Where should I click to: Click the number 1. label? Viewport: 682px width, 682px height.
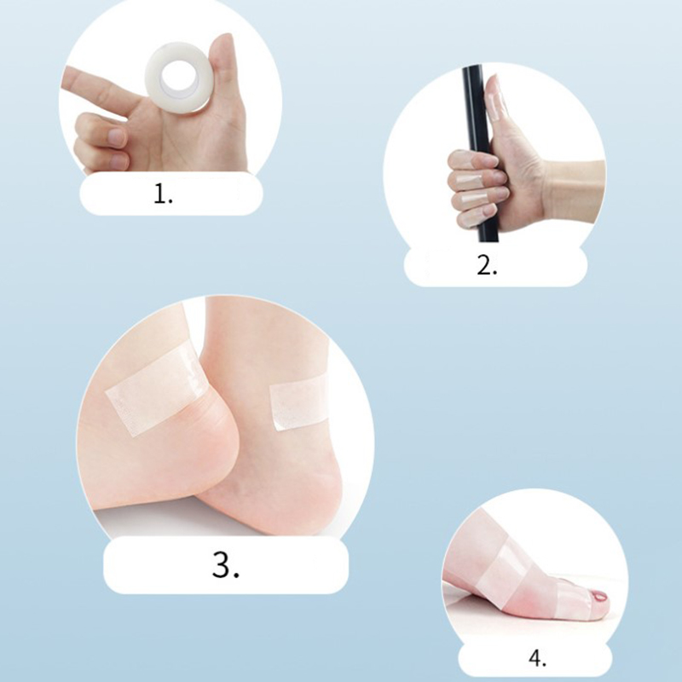pos(163,194)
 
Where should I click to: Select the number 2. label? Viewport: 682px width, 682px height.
pos(487,265)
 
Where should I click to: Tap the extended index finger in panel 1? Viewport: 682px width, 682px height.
pos(100,94)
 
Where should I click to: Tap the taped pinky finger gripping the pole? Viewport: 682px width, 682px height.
pos(477,217)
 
